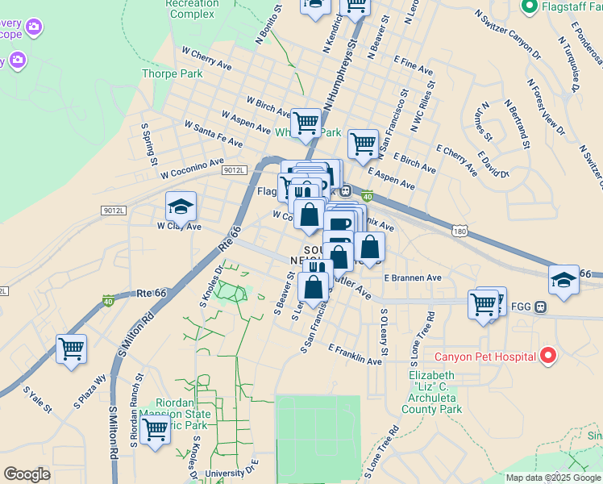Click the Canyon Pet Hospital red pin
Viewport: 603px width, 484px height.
548,356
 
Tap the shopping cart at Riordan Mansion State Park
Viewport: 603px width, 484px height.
155,430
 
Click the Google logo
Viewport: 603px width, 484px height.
27,474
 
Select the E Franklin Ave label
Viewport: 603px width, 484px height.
355,355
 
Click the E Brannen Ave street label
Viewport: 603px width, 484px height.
413,277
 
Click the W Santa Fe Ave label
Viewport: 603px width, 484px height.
213,134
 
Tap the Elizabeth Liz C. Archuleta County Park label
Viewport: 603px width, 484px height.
435,393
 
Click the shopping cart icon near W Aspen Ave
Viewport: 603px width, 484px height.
306,123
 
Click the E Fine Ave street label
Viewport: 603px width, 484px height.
414,62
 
